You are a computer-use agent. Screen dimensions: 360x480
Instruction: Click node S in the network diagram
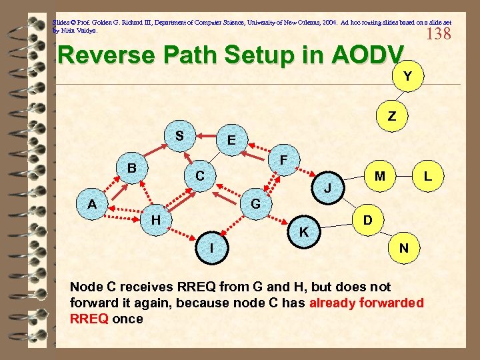coord(179,135)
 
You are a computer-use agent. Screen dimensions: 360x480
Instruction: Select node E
coord(231,141)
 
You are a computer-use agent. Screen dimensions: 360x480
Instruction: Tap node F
coord(283,161)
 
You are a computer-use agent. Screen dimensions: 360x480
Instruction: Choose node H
coord(155,219)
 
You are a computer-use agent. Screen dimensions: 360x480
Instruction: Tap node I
coord(211,247)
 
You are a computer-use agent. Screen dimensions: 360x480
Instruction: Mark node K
coord(303,232)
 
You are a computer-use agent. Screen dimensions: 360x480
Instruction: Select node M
coord(379,176)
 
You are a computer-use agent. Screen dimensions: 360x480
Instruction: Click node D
coord(367,219)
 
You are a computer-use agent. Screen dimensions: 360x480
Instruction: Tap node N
coord(403,247)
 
